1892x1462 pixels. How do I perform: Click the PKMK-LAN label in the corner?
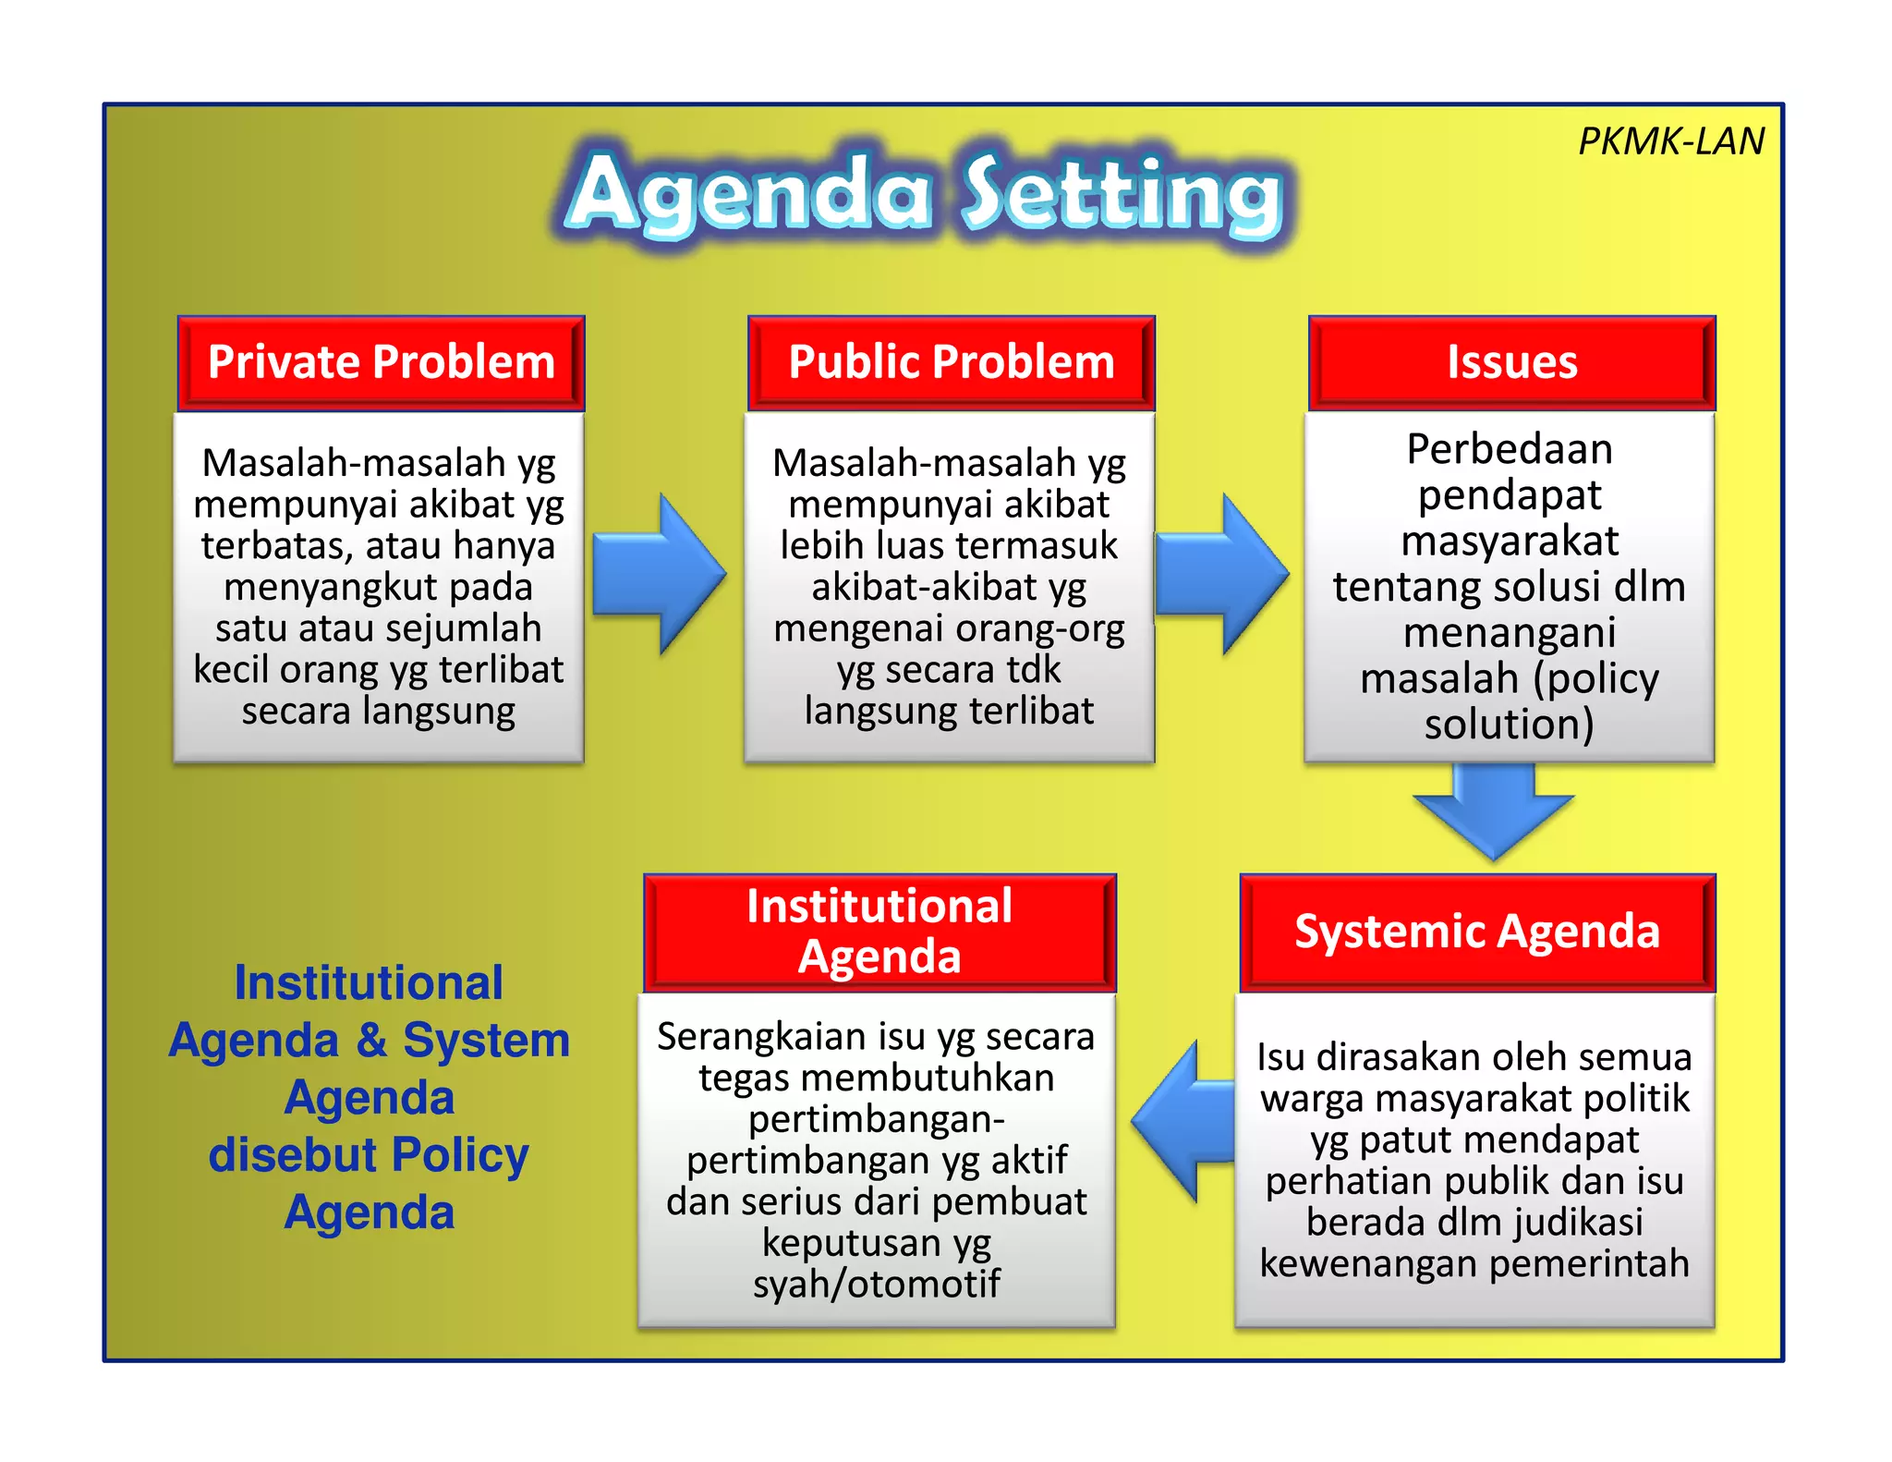pos(1670,141)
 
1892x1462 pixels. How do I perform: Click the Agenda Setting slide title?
pos(924,194)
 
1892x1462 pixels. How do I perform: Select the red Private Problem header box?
pos(381,362)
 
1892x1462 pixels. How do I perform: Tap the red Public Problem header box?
pos(951,362)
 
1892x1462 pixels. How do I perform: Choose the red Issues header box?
pos(1511,362)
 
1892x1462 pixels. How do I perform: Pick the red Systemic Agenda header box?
pos(1476,932)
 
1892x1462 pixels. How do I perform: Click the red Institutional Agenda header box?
pos(879,932)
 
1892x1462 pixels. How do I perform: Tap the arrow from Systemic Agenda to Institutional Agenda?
pos(1184,1121)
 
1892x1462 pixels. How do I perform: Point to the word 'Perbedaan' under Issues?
pos(1510,449)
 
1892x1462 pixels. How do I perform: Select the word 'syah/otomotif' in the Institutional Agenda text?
pos(876,1284)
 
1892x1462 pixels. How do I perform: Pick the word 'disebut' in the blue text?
pos(294,1155)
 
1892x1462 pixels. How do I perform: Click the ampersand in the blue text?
pos(371,1040)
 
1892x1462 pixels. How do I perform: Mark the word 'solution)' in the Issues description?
pos(1510,724)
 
